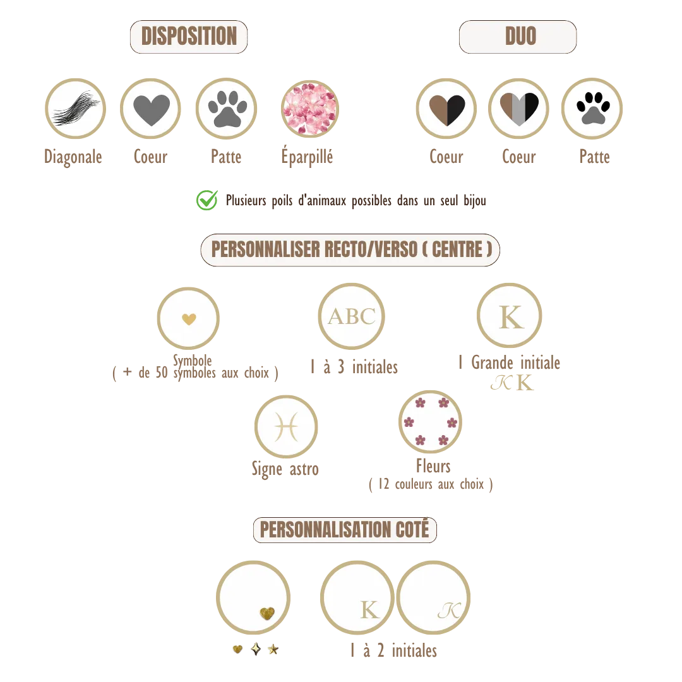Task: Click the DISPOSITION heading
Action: [189, 37]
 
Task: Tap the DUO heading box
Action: [518, 37]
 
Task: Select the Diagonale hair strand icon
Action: [75, 109]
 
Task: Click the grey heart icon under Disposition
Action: [150, 109]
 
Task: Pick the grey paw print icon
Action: [226, 109]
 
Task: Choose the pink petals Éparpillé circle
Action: [309, 109]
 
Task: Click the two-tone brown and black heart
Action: [446, 109]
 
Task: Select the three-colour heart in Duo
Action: [518, 109]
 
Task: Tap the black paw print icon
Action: [592, 109]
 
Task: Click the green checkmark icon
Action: [207, 200]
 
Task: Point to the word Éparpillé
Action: [307, 157]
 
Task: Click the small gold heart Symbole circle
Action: [188, 318]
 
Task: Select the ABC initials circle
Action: [352, 316]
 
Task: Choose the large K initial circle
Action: [510, 316]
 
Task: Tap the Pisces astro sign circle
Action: [286, 427]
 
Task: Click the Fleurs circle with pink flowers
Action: [430, 422]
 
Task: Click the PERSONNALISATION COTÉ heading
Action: [345, 530]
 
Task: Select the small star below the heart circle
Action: [273, 649]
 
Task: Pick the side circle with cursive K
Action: [433, 597]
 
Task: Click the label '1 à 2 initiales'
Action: [393, 650]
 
